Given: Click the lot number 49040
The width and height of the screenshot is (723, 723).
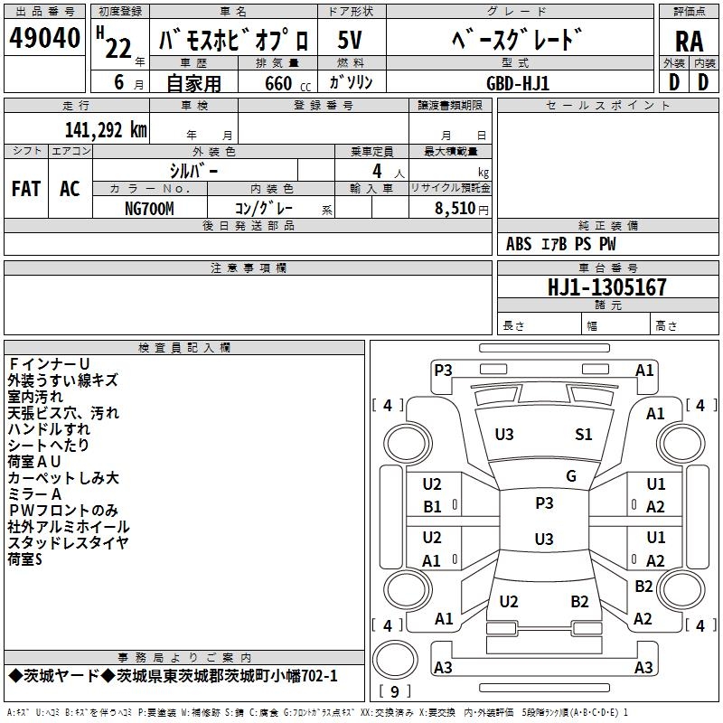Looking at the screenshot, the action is click(44, 38).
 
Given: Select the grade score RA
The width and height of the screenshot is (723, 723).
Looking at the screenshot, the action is click(689, 42).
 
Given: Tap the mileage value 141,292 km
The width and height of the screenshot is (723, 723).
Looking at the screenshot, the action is click(106, 130).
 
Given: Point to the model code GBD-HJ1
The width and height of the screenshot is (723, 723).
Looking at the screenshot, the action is click(518, 83).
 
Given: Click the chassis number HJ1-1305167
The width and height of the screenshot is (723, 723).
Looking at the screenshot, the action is click(606, 287).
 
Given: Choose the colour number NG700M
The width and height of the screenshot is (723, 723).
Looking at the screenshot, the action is click(149, 209).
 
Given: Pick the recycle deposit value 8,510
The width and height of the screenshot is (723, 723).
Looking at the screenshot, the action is click(455, 209).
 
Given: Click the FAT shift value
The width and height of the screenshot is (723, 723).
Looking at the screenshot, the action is click(26, 189).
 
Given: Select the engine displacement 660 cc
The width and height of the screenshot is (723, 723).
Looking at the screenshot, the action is click(287, 83).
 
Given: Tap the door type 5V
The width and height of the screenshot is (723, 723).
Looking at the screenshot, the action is click(350, 40).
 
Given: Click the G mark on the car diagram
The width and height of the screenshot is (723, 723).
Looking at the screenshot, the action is click(571, 476).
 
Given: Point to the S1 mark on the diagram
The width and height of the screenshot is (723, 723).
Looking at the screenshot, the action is click(583, 435).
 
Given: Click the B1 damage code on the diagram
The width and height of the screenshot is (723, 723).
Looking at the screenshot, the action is click(433, 507).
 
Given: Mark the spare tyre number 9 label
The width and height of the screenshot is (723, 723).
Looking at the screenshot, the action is click(395, 691).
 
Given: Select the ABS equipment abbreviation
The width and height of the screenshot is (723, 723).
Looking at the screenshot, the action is click(519, 244).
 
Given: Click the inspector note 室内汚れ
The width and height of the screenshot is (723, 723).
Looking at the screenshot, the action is click(35, 397).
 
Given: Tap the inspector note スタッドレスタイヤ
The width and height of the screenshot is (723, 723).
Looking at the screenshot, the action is click(68, 543).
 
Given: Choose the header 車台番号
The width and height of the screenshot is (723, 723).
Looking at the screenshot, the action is click(607, 268).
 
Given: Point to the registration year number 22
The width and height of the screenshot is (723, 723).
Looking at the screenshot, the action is click(118, 49).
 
